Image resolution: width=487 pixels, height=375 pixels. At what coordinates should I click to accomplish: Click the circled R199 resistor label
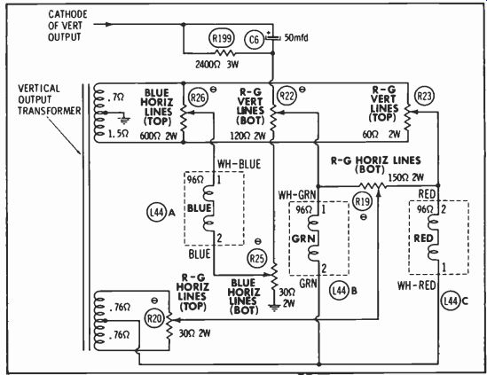(x=222, y=38)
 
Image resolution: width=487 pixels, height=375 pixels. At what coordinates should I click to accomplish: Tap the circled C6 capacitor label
(x=254, y=39)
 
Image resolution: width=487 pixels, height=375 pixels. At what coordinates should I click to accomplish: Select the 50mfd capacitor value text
(x=296, y=38)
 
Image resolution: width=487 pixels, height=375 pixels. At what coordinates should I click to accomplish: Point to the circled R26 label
(x=198, y=98)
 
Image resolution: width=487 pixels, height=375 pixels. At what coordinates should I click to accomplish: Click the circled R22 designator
(x=287, y=96)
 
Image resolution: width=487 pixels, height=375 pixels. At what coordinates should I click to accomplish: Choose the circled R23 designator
(x=424, y=96)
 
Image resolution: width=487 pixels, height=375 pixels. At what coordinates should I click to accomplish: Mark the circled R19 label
(x=362, y=202)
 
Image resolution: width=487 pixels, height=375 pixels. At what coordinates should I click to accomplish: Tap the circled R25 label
(x=257, y=258)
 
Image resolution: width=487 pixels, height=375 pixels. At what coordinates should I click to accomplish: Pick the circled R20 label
(x=154, y=318)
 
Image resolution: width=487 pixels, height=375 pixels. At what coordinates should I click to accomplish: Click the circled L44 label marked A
(x=156, y=213)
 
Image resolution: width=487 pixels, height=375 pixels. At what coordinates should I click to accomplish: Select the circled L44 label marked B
(x=339, y=291)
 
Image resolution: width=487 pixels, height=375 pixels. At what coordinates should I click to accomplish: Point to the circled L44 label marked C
(x=451, y=301)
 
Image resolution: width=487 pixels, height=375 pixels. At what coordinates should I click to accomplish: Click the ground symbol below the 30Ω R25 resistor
(x=274, y=308)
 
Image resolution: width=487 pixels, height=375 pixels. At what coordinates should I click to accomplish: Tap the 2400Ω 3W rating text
(x=217, y=64)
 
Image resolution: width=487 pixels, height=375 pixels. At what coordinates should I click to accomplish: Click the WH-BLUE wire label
(x=239, y=164)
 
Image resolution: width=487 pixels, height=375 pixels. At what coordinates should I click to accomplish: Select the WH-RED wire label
(x=417, y=285)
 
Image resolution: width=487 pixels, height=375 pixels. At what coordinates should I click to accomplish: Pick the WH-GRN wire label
(x=297, y=195)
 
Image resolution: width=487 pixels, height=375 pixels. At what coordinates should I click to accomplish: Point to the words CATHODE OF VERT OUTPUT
(x=67, y=26)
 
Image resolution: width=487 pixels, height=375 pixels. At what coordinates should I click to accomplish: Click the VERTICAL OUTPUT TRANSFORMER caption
(x=50, y=99)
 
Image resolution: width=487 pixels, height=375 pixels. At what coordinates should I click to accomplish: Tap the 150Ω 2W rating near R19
(x=406, y=177)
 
